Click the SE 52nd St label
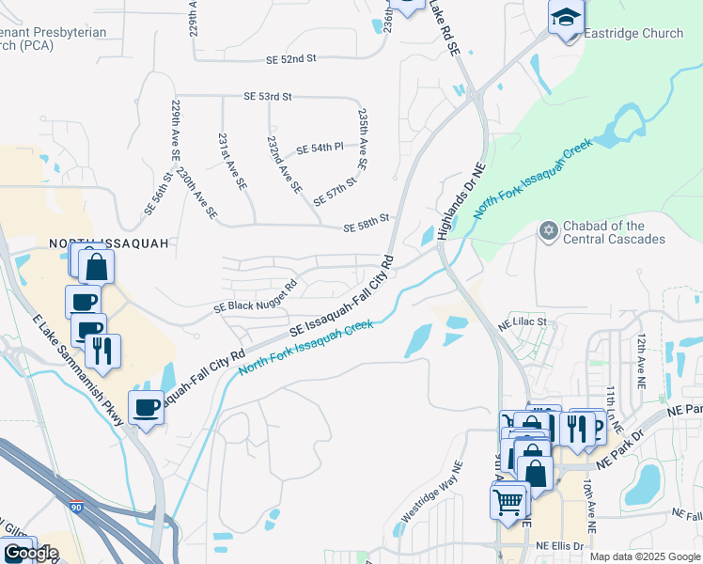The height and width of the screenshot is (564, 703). click(x=291, y=58)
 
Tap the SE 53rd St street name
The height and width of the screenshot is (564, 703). click(x=268, y=97)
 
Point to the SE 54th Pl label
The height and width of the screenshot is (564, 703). click(x=320, y=149)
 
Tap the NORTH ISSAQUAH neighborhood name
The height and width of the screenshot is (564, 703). click(x=109, y=243)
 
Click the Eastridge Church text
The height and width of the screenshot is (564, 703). click(x=633, y=33)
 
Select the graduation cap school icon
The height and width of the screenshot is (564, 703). click(x=566, y=19)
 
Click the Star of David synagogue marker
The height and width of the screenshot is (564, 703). click(x=548, y=230)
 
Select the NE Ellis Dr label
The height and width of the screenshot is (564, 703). click(x=559, y=546)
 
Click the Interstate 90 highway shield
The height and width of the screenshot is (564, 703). click(x=75, y=506)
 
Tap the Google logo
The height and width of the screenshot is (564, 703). click(x=30, y=553)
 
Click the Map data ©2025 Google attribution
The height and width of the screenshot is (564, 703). click(x=644, y=556)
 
